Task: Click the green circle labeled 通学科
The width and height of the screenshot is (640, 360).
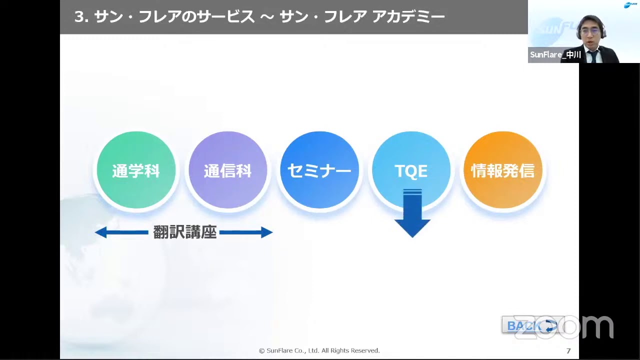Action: (136, 170)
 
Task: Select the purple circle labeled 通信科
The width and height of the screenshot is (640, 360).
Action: (227, 170)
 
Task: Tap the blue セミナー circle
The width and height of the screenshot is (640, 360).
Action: (319, 170)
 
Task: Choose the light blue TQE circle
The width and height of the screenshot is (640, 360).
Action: (411, 170)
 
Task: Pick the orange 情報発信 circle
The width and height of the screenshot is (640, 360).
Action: (502, 170)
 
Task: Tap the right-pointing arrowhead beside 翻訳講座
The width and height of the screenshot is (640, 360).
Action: (266, 232)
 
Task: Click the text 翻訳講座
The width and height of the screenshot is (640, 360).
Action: (184, 232)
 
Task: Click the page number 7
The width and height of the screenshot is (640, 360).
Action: (568, 351)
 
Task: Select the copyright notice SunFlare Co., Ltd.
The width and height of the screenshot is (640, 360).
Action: (319, 351)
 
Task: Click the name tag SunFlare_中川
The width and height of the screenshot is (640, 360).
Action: (555, 55)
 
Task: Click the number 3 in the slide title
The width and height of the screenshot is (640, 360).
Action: (78, 17)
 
